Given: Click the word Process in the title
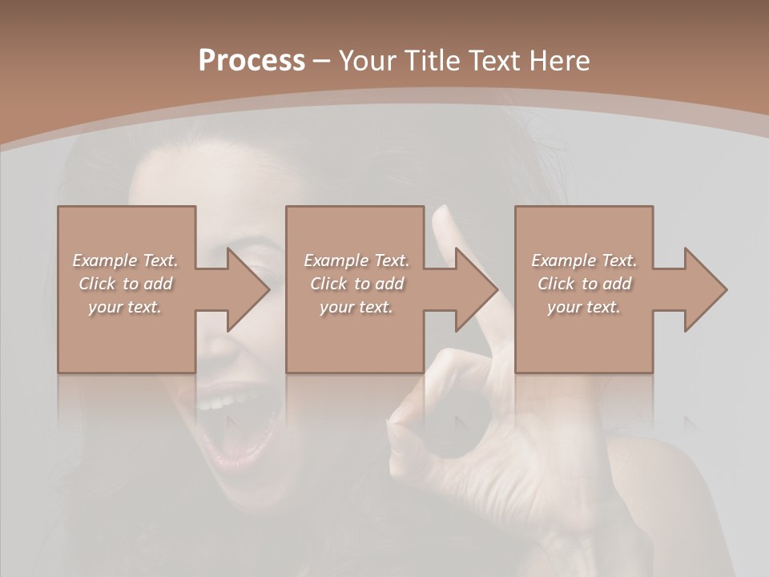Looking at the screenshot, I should point(252,61).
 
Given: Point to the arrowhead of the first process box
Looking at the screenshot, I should point(248,289).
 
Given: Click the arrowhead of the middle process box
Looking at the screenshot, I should point(477,289).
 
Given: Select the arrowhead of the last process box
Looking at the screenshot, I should point(706,289).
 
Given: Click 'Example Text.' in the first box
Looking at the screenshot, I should point(125,260).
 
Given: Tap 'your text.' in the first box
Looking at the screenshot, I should point(125,307).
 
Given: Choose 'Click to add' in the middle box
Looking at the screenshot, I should point(356,284).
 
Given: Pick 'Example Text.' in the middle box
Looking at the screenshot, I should point(356,260).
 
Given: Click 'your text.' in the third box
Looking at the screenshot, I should point(584,307).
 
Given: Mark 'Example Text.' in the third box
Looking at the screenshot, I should point(584,260).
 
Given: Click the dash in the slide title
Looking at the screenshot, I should point(322,61).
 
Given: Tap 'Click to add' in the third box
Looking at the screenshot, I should point(584,284).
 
